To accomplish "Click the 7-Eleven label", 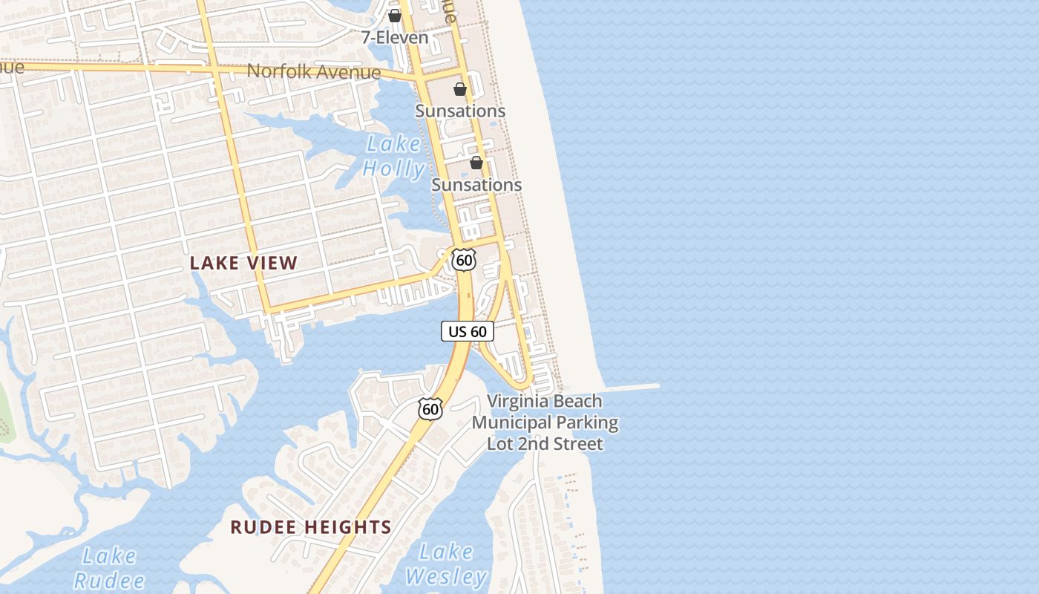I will (395, 37).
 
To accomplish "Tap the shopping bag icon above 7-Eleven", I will (395, 16).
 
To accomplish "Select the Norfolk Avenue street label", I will (313, 72).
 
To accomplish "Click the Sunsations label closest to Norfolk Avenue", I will (460, 111).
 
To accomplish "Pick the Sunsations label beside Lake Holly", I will (476, 184).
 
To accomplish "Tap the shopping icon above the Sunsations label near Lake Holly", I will (476, 163).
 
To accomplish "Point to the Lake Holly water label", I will (393, 156).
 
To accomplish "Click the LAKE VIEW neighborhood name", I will (243, 263).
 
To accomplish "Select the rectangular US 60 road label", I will (468, 331).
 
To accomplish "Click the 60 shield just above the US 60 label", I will (464, 260).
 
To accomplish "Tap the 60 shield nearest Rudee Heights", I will (430, 408).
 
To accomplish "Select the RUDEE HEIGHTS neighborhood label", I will (310, 527).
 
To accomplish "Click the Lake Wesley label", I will (445, 564).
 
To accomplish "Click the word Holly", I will (393, 169).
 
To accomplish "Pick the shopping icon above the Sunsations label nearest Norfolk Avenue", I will (460, 90).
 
